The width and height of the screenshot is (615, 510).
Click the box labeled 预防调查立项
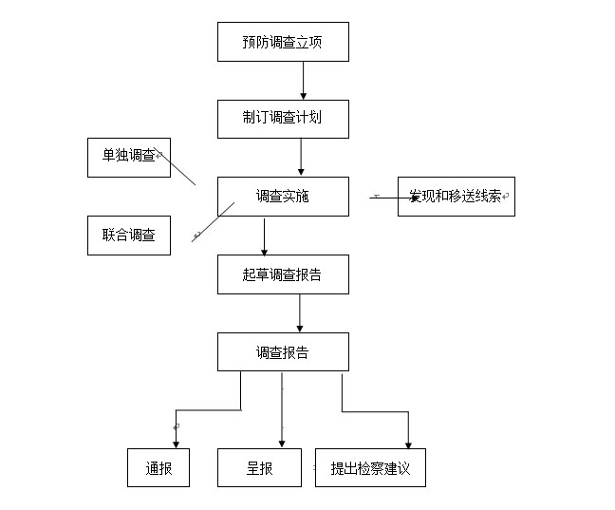[283, 42]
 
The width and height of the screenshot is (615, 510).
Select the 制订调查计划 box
[283, 119]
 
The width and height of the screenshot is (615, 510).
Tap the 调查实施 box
[283, 197]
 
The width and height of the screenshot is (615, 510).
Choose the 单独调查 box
[129, 158]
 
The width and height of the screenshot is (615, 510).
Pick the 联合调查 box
[129, 236]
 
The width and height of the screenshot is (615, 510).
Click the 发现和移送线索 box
[457, 197]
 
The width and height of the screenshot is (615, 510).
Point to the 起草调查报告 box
[283, 274]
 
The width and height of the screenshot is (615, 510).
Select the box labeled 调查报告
[283, 351]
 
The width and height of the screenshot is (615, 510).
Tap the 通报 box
[158, 467]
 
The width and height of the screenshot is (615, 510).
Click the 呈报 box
[259, 467]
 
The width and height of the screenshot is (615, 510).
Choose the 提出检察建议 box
[370, 467]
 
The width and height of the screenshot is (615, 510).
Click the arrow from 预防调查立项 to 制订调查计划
[303, 81]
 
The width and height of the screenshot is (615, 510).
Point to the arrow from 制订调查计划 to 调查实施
[301, 157]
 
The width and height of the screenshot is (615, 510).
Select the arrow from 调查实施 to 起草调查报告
[265, 237]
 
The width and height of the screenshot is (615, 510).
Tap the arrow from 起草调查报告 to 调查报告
[300, 312]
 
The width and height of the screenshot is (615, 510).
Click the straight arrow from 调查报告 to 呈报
[282, 410]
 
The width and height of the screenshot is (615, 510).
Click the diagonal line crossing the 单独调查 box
[175, 166]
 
